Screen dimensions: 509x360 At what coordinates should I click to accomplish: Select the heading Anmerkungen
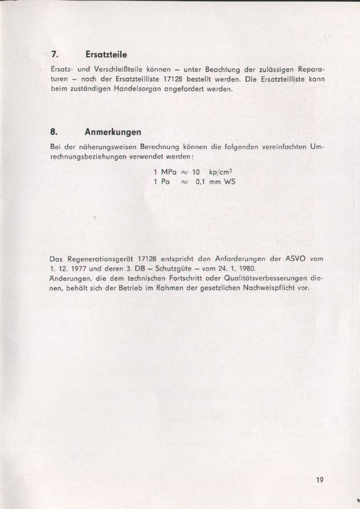[x=113, y=133]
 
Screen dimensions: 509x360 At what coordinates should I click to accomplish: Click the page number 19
[x=320, y=480]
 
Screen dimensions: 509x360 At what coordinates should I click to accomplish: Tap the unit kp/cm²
[x=222, y=171]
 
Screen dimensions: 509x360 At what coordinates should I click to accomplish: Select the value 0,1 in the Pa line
[x=202, y=182]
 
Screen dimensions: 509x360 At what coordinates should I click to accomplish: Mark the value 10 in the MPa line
[x=197, y=171]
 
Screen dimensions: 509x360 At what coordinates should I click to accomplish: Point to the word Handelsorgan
[x=124, y=88]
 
